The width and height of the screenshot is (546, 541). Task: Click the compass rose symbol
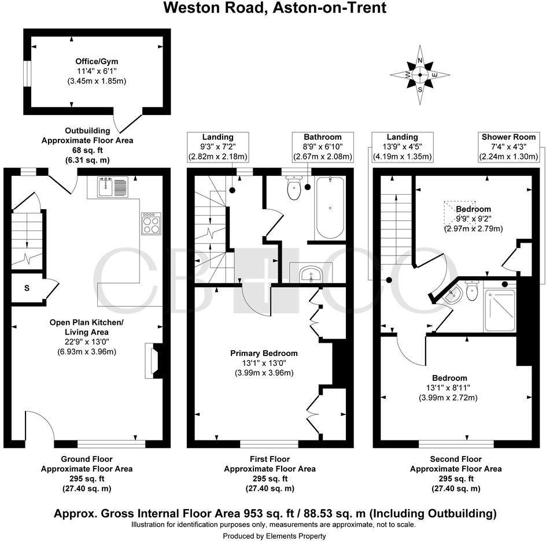[x=420, y=75]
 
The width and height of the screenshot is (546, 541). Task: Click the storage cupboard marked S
[x=27, y=287]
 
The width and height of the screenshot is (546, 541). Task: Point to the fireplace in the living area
[x=152, y=361]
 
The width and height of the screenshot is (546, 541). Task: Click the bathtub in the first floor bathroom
[x=330, y=208]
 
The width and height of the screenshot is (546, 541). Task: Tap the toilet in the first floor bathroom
[x=295, y=188]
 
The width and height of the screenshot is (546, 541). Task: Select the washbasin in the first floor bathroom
[x=311, y=273]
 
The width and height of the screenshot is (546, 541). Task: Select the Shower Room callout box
[x=509, y=147]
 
